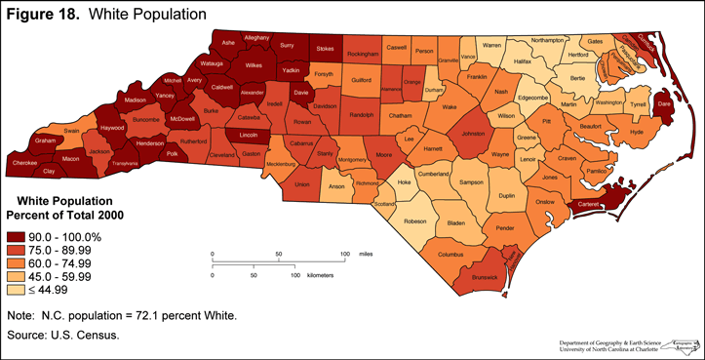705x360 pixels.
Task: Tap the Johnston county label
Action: (x=473, y=135)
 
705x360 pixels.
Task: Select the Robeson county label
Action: (x=415, y=220)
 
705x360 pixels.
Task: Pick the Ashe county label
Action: (x=228, y=43)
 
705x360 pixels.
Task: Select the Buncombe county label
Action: (x=118, y=119)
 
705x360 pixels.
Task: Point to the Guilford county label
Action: (x=361, y=79)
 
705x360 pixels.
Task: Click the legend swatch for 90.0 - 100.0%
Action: (x=20, y=237)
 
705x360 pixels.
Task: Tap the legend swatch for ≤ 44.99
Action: (x=20, y=290)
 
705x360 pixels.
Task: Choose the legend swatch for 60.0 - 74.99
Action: (x=20, y=263)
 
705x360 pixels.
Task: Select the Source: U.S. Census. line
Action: (x=62, y=336)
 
